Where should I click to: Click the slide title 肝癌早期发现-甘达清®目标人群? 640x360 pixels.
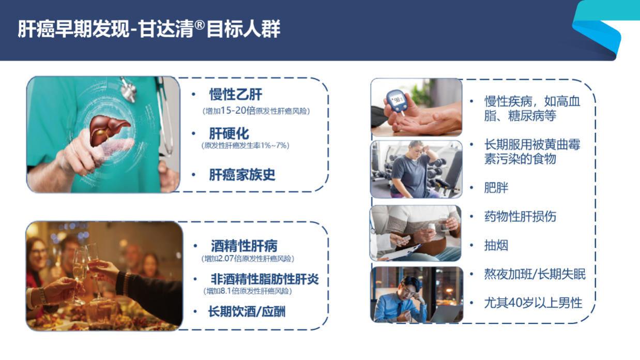[x=149, y=29]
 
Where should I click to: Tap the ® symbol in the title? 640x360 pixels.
[x=200, y=25]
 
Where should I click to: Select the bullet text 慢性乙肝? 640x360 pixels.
[x=235, y=94]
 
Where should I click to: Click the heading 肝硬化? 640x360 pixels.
[x=229, y=133]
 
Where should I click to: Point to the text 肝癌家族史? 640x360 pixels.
[x=242, y=175]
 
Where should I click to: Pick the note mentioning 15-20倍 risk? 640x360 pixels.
[x=256, y=111]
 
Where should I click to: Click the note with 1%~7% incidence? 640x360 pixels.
[x=246, y=145]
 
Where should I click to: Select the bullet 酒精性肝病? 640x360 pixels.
[x=244, y=246]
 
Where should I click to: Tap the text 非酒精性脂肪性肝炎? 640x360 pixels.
[x=265, y=279]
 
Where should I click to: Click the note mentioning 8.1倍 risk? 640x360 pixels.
[x=248, y=291]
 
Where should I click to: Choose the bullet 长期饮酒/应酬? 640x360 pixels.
[x=247, y=311]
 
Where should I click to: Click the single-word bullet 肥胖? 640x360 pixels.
[x=496, y=188]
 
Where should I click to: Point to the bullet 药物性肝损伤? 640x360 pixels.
[x=520, y=216]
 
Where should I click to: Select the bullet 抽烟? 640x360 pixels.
[x=496, y=245]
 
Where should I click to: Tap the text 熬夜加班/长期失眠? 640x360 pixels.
[x=535, y=274]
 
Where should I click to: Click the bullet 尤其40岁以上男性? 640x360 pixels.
[x=533, y=303]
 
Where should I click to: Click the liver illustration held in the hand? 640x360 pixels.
[x=110, y=129]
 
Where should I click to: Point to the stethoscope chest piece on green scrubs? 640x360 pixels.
[x=129, y=91]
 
